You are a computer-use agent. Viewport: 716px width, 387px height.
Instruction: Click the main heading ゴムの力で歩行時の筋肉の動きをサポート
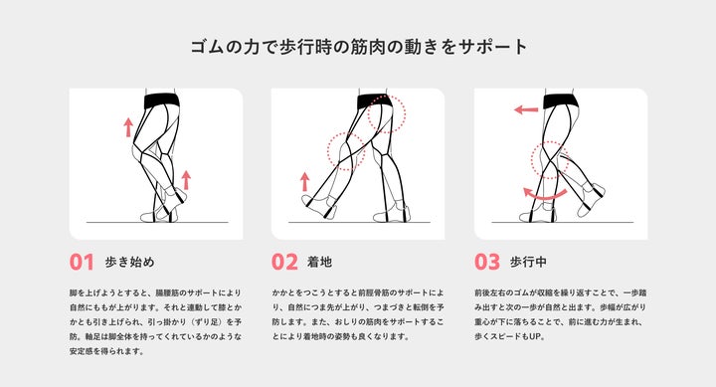coord(359,47)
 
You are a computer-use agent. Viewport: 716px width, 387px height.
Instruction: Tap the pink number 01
coord(82,263)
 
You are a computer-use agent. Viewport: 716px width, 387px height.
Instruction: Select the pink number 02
coord(284,263)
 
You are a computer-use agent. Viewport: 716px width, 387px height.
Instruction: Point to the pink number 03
coord(487,263)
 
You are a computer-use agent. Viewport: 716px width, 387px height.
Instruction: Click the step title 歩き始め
coord(130,263)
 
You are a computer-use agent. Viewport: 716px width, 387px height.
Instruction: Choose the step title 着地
coord(319,263)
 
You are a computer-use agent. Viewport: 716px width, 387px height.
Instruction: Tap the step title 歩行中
coord(528,263)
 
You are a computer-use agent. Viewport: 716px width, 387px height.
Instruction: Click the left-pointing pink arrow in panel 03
coord(526,109)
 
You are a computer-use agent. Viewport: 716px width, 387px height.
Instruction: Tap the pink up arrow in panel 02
coord(304,181)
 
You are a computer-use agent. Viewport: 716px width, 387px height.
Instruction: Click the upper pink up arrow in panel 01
coord(128,127)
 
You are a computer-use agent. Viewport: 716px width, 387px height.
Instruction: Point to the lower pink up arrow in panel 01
coord(186,179)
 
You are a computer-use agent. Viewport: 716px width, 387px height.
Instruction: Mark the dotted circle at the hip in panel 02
coord(386,113)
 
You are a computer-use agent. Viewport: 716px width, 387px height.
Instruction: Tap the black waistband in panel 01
coord(162,100)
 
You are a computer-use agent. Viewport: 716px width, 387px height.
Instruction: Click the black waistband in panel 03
coord(560,100)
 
